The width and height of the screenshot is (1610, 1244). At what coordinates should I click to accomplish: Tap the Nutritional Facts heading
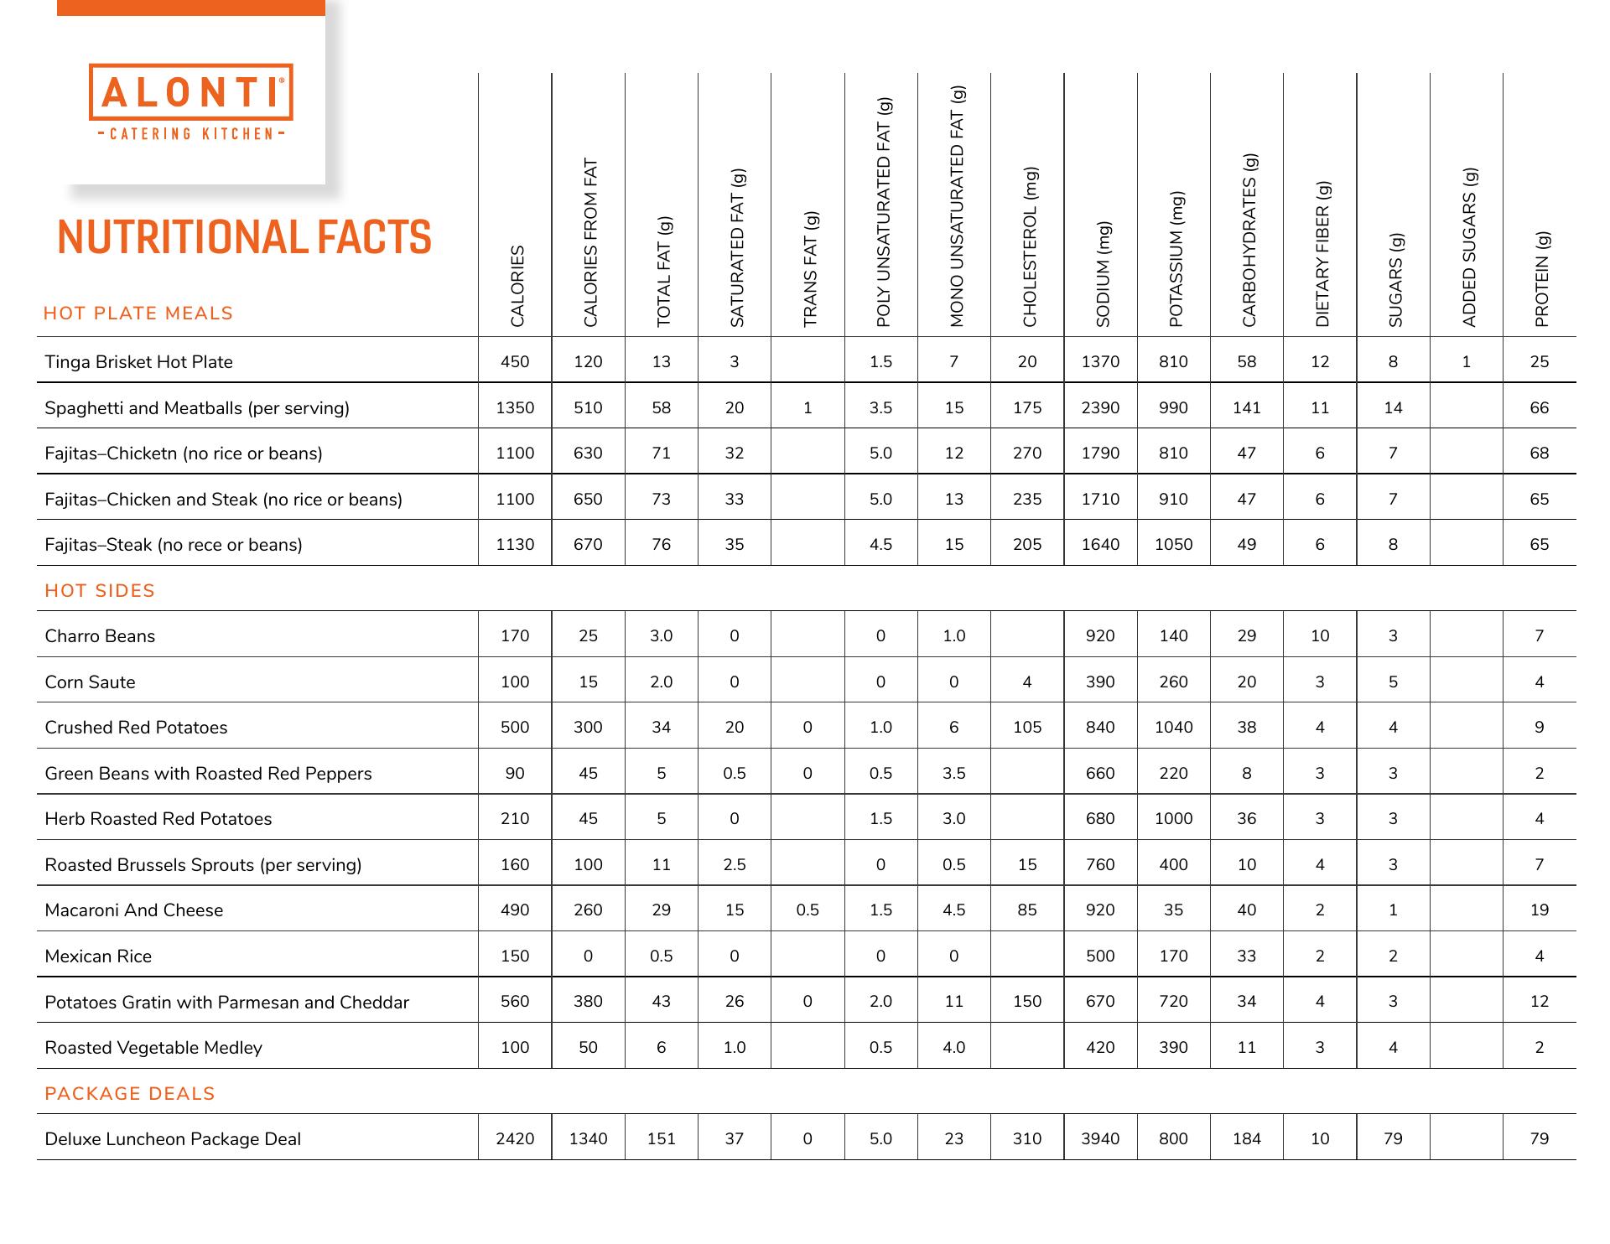point(244,237)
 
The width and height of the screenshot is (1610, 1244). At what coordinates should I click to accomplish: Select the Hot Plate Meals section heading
point(138,314)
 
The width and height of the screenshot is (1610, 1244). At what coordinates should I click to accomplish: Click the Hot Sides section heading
point(100,591)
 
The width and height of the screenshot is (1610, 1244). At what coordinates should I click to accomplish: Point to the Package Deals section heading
point(130,1094)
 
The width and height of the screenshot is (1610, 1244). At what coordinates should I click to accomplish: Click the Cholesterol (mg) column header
point(1029,247)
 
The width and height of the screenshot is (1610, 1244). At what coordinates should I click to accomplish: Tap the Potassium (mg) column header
point(1176,260)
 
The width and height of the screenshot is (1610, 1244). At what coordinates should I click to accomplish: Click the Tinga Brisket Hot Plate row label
point(138,362)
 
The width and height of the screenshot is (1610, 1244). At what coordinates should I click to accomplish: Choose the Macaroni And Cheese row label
point(133,910)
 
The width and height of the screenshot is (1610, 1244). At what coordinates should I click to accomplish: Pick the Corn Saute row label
point(90,682)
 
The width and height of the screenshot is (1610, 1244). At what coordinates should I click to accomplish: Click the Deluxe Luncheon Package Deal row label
point(172,1139)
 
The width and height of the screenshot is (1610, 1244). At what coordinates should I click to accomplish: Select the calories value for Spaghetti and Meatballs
point(515,408)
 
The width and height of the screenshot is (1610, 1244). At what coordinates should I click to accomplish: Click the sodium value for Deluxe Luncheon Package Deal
point(1100,1139)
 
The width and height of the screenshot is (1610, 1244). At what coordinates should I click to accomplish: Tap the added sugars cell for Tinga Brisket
point(1466,362)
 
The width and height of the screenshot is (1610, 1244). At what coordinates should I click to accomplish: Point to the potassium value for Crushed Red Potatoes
point(1173,728)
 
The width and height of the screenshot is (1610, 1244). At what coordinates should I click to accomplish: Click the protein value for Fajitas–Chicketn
point(1539,454)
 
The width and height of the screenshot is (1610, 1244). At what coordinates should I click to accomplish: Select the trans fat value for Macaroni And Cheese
point(808,910)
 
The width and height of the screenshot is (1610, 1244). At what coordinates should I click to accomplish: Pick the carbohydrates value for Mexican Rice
point(1246,956)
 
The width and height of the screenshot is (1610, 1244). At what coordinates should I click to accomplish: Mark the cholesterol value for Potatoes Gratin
point(1027,1002)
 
